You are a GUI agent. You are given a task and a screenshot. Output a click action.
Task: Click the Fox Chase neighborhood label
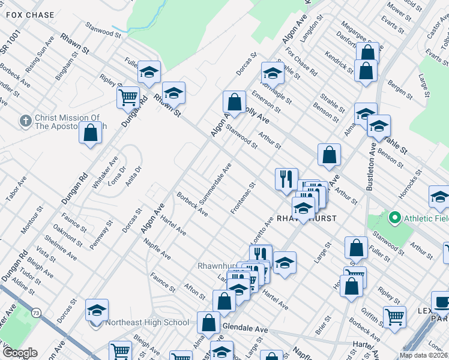pyautogui.click(x=30, y=15)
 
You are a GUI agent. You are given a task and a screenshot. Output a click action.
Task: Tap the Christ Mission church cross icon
pyautogui.click(x=25, y=121)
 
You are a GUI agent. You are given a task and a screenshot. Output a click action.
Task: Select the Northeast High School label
pyautogui.click(x=147, y=322)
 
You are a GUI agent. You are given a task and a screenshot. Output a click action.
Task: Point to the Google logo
pyautogui.click(x=19, y=353)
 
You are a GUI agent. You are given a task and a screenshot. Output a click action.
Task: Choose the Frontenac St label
pyautogui.click(x=243, y=198)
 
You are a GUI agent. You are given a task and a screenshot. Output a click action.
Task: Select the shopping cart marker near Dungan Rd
pyautogui.click(x=128, y=97)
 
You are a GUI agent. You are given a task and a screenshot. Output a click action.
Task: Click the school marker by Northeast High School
pyautogui.click(x=97, y=310)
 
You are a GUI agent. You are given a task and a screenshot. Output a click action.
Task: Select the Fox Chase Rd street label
pyautogui.click(x=301, y=62)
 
